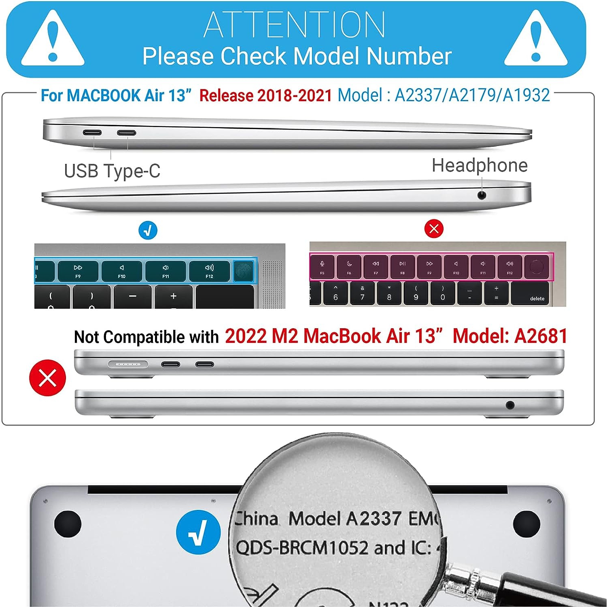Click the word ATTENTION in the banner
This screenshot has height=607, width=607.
(294, 25)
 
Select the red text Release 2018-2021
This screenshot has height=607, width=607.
(265, 96)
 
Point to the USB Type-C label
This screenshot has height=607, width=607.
(112, 171)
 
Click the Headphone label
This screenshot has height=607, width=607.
(480, 166)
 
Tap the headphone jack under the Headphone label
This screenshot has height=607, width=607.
(481, 195)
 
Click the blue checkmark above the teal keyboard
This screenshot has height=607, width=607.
(148, 231)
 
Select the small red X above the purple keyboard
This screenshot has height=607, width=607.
(434, 229)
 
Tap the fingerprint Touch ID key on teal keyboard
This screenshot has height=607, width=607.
(244, 271)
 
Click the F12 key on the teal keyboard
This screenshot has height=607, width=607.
(209, 271)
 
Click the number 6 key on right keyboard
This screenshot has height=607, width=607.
(335, 293)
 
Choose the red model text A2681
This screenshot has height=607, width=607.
(541, 336)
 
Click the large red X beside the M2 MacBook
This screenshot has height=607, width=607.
(48, 378)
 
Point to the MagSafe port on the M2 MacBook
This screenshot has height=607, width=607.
(128, 364)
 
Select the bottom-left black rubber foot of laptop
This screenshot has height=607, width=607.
(68, 524)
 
